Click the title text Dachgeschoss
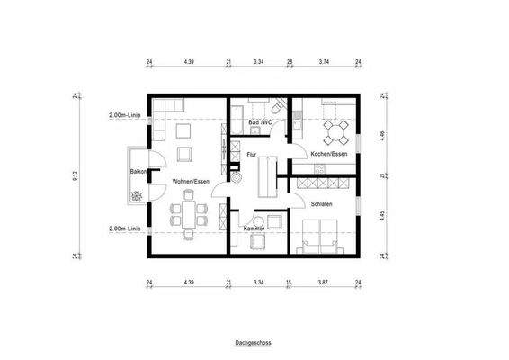pyautogui.click(x=254, y=343)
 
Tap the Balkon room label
pyautogui.click(x=138, y=170)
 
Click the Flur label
pyautogui.click(x=252, y=155)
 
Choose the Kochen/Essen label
pyautogui.click(x=328, y=155)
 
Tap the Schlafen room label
pyautogui.click(x=323, y=204)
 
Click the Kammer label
pyautogui.click(x=254, y=229)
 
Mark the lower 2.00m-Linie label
pyautogui.click(x=124, y=229)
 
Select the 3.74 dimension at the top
pyautogui.click(x=325, y=63)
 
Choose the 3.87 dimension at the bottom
pyautogui.click(x=323, y=283)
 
